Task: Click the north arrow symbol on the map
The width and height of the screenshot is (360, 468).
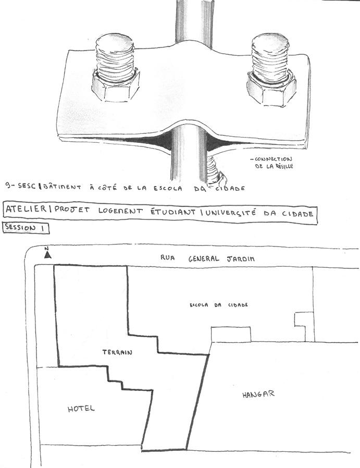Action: [x=47, y=254]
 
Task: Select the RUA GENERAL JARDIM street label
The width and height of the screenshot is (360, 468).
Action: [x=208, y=258]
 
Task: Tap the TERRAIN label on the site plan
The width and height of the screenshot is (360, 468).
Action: [x=117, y=353]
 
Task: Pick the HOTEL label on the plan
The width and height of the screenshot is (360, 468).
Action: [x=81, y=409]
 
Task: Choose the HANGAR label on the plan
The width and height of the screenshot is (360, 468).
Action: [x=258, y=395]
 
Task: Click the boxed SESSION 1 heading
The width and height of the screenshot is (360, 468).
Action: [x=27, y=228]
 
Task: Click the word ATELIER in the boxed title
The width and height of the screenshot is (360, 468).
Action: [x=24, y=211]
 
